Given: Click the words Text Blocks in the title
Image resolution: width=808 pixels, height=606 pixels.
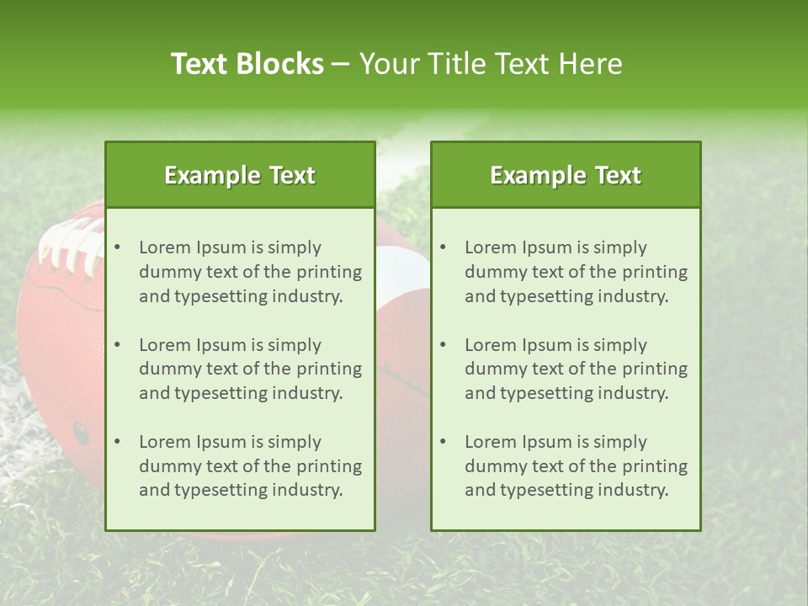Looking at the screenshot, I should [x=247, y=64].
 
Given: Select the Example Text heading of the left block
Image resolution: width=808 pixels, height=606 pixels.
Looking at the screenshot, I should [x=240, y=175].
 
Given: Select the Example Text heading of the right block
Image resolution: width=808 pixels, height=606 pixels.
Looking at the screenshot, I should [x=566, y=175].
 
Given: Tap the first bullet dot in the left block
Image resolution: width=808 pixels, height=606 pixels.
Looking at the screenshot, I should [x=117, y=247].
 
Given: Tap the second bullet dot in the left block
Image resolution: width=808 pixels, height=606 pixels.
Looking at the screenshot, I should [x=117, y=345].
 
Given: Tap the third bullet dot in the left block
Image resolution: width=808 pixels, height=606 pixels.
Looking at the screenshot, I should [x=117, y=442].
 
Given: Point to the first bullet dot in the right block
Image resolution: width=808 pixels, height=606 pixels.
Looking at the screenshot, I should [x=443, y=247].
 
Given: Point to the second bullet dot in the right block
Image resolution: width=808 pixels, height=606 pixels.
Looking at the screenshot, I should [x=443, y=345].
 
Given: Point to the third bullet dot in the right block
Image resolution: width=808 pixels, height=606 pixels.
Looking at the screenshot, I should [x=443, y=442].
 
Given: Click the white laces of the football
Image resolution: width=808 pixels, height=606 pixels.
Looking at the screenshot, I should [x=71, y=244].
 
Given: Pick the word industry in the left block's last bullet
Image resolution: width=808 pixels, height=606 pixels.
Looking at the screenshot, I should [x=307, y=490].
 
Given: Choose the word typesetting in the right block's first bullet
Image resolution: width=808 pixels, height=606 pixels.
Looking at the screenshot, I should [x=548, y=296].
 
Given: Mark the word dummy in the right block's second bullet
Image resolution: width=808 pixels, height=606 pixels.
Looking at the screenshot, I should [x=492, y=369].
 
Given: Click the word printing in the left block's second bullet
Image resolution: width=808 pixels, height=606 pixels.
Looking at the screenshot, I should [x=327, y=369].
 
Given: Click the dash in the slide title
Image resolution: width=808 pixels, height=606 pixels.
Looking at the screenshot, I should [x=341, y=64].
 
